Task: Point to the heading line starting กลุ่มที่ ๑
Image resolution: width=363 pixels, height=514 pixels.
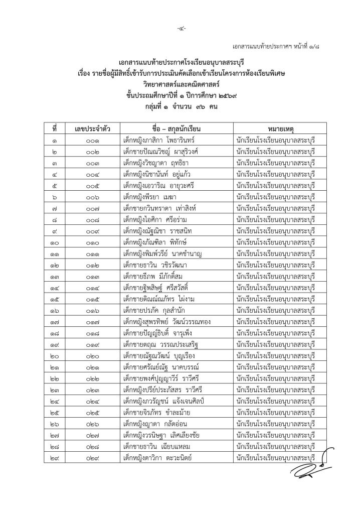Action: (181, 104)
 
